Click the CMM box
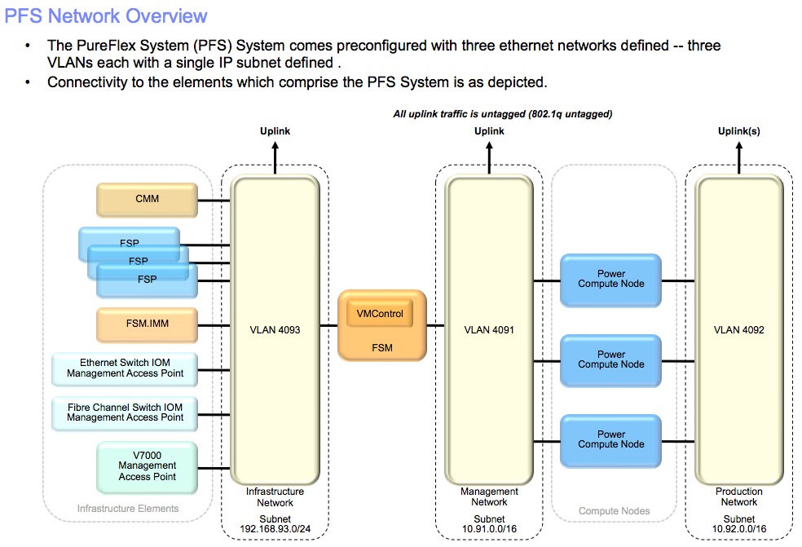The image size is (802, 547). [147, 200]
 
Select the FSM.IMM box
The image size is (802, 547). [147, 324]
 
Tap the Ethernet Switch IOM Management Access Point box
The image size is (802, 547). [125, 369]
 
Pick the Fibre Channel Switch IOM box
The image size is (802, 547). [125, 413]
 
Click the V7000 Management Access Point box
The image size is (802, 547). [147, 467]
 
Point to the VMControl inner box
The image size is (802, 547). [380, 314]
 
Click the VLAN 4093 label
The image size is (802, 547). [275, 330]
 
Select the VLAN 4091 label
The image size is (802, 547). [489, 330]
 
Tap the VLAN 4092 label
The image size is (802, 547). [738, 330]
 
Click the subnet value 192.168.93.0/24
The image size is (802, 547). [275, 529]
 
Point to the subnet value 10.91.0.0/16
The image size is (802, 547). [490, 529]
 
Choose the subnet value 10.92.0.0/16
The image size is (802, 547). [739, 529]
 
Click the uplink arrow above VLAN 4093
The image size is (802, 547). [275, 157]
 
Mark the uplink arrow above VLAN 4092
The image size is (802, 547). [739, 157]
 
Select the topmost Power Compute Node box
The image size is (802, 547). [610, 280]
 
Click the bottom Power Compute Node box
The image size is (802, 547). [610, 441]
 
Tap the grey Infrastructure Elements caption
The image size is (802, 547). [128, 509]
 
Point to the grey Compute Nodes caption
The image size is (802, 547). [614, 511]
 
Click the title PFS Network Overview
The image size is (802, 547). [106, 16]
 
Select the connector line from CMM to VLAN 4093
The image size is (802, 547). [214, 201]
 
